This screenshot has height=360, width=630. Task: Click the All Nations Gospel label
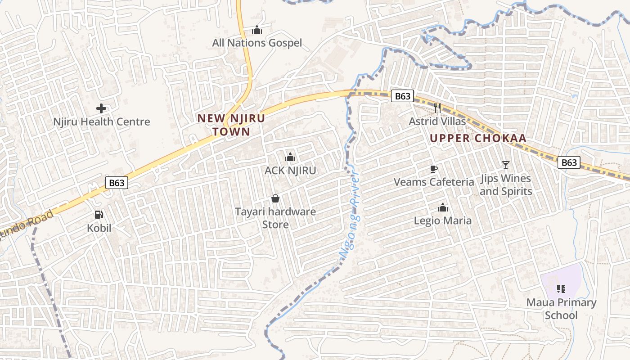click(x=257, y=43)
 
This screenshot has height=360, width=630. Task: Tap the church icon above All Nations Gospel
click(x=257, y=30)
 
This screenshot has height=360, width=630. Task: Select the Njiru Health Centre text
click(x=102, y=122)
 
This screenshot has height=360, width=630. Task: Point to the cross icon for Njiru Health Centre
click(x=101, y=108)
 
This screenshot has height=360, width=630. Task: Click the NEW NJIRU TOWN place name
click(x=231, y=125)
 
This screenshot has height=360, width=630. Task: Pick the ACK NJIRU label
click(x=290, y=171)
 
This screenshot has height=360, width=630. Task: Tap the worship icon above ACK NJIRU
click(x=290, y=157)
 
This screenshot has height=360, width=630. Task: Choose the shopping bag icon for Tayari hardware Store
click(x=275, y=198)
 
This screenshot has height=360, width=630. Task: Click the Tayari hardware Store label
click(x=275, y=218)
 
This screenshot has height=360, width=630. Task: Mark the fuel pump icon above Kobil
click(x=99, y=215)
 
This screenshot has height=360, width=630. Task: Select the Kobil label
click(x=99, y=228)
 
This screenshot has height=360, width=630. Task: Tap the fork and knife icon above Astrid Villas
click(x=437, y=108)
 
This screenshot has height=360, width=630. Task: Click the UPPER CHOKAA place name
click(x=478, y=138)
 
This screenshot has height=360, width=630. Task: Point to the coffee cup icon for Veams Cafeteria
click(x=434, y=169)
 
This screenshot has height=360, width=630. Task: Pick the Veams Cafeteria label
click(x=434, y=182)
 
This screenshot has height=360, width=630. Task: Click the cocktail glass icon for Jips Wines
click(x=506, y=165)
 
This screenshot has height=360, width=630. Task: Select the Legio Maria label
click(x=443, y=221)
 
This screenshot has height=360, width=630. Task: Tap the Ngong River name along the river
click(x=350, y=215)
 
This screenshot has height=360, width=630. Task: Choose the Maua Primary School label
click(x=561, y=309)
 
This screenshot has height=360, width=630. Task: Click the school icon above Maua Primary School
click(x=561, y=288)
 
